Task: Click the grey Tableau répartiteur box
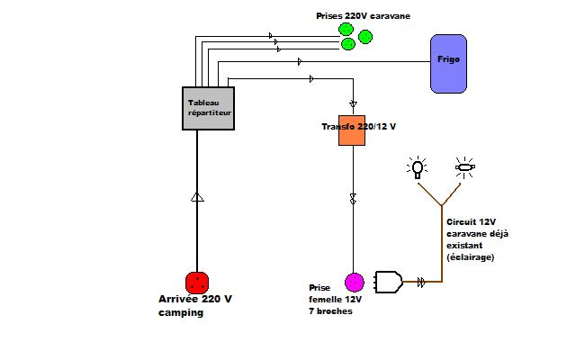209,108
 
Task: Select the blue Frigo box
448,63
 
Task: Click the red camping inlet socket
197,282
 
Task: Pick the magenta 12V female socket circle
354,282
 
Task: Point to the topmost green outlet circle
346,30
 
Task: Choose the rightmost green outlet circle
365,37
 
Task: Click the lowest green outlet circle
346,44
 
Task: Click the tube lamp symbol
464,166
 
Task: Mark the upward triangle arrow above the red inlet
197,197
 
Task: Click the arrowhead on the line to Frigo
300,62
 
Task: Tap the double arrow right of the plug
420,282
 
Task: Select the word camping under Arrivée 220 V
175,313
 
